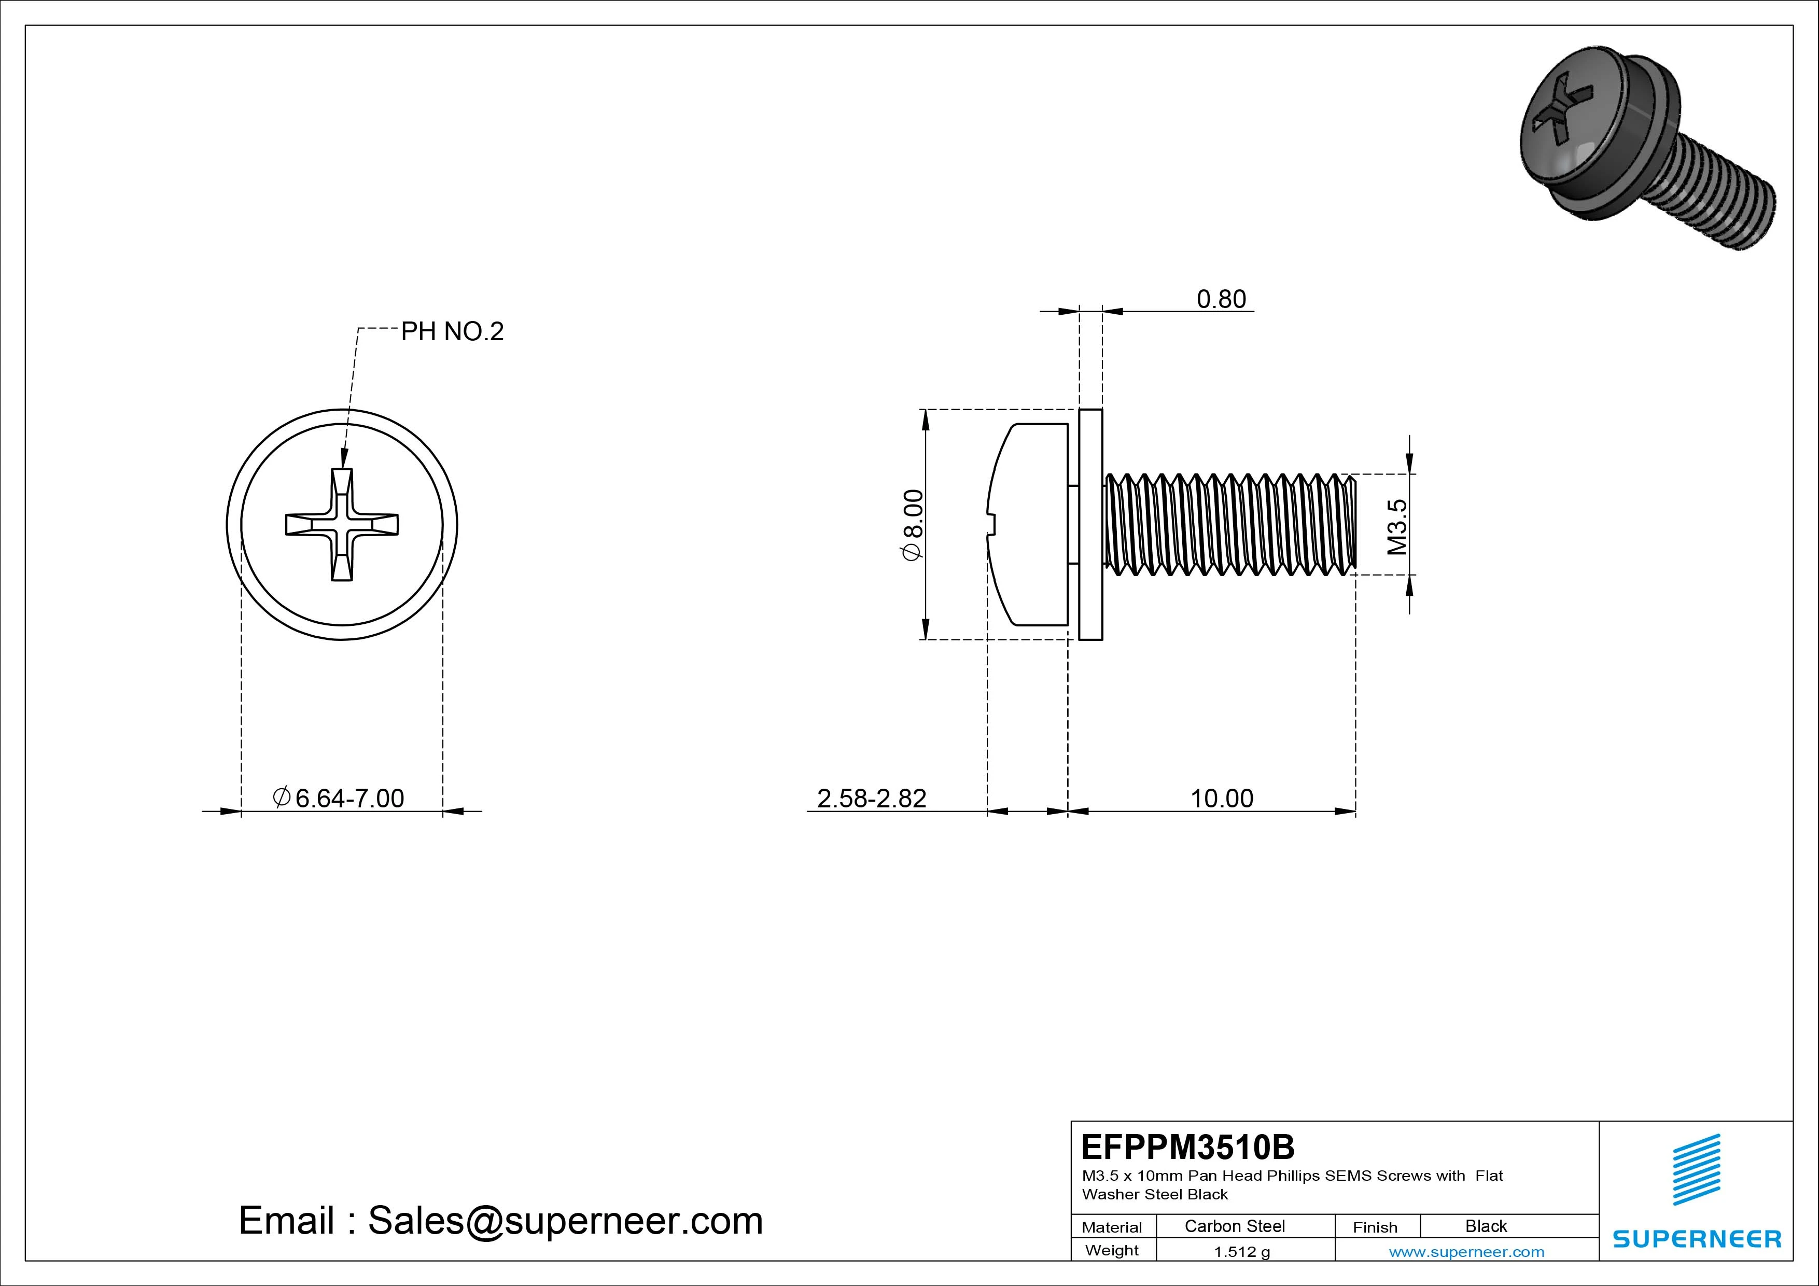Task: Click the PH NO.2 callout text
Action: [x=452, y=331]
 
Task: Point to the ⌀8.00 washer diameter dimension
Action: [x=913, y=525]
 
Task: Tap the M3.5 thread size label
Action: [x=1397, y=526]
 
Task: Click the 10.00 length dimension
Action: [x=1222, y=798]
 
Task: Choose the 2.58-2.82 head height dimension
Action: [x=872, y=798]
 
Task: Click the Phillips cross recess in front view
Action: [x=342, y=525]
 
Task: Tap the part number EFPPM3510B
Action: [x=1187, y=1147]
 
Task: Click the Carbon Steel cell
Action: [x=1234, y=1226]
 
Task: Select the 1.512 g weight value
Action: [x=1241, y=1252]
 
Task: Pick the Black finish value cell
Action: [x=1486, y=1226]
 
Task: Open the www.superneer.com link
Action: [x=1466, y=1252]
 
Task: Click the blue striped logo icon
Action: [x=1696, y=1169]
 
